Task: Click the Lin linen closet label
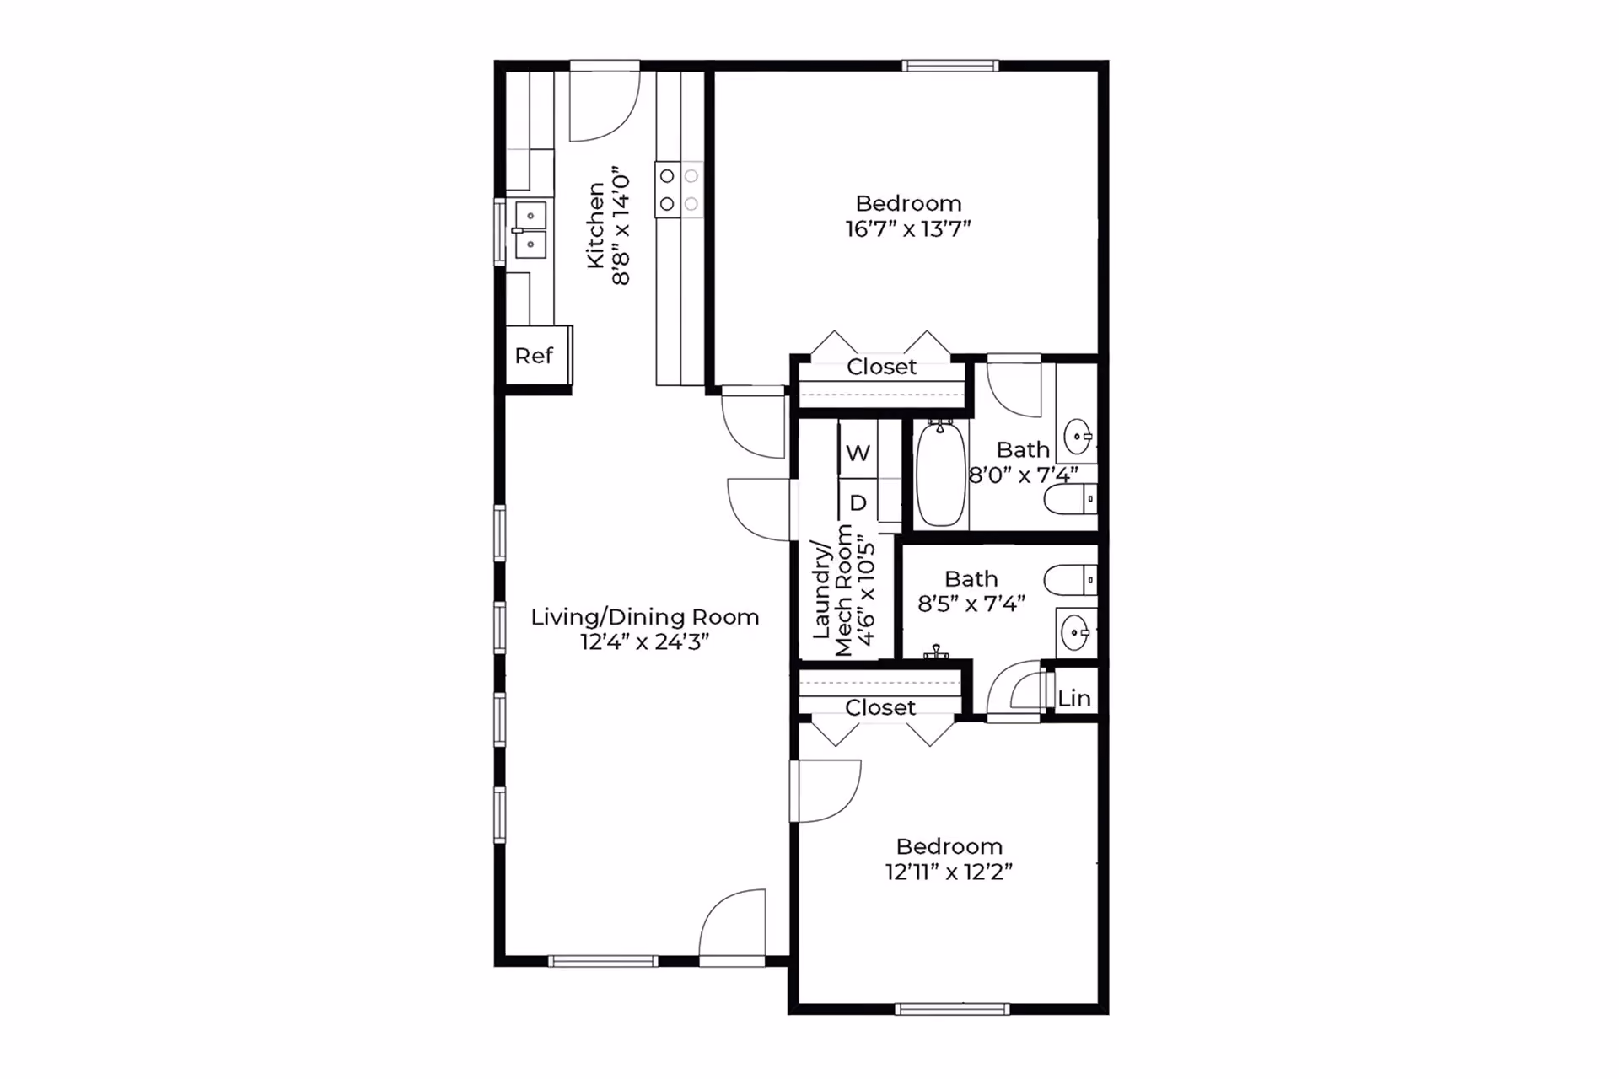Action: (x=1074, y=698)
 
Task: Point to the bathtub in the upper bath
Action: (x=940, y=474)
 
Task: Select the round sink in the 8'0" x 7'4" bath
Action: (x=1078, y=437)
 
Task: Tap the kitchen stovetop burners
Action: (x=679, y=190)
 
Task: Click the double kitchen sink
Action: (x=530, y=230)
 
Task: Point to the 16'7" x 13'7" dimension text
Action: (x=908, y=228)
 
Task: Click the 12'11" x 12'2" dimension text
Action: (x=949, y=872)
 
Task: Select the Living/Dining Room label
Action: (x=645, y=617)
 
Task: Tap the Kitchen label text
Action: (x=596, y=226)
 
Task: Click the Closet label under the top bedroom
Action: (x=881, y=367)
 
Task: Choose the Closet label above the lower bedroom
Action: (x=880, y=707)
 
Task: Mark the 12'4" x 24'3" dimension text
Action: (x=645, y=641)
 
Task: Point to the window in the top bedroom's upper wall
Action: (x=950, y=66)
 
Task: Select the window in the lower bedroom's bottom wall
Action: (x=952, y=1009)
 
